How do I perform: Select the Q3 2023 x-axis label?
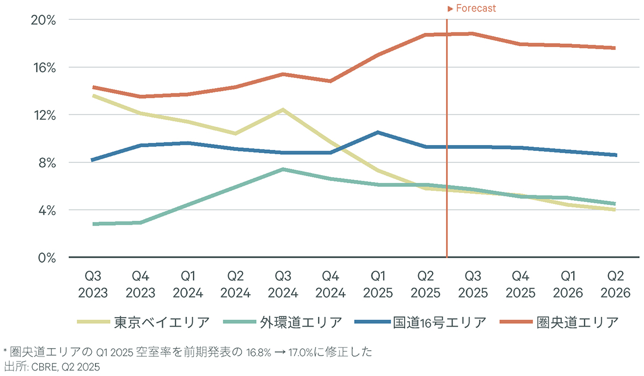pos(93,285)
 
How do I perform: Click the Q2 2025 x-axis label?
pos(425,285)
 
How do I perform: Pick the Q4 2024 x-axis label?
pos(330,285)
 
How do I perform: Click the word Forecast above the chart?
pos(475,9)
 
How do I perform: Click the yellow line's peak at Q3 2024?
pos(283,110)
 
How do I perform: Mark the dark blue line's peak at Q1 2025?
pos(378,132)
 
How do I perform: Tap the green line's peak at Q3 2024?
pos(283,169)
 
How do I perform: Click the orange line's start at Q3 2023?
pos(93,87)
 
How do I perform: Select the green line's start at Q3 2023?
pos(93,224)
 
